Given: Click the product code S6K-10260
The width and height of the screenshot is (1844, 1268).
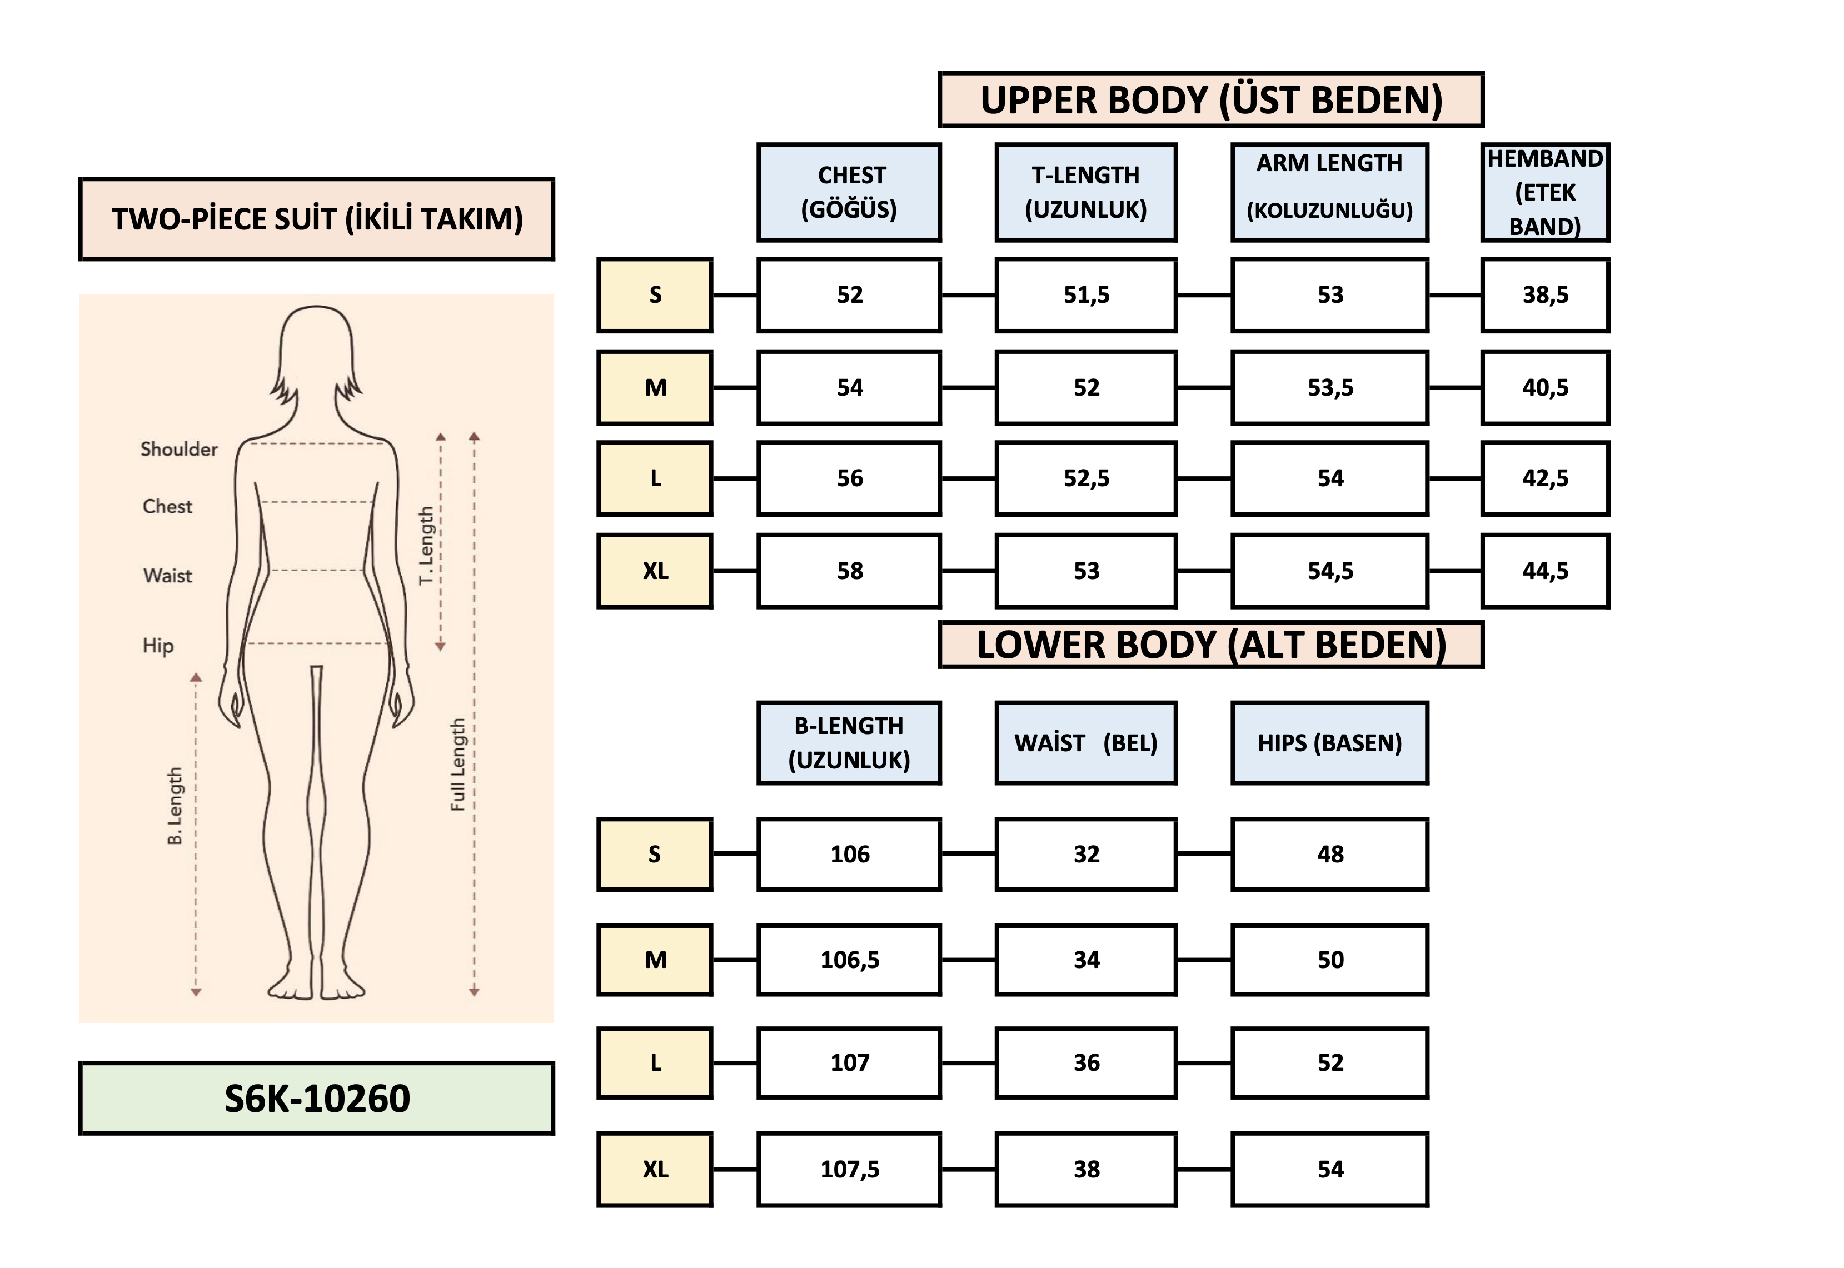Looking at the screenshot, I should (316, 1098).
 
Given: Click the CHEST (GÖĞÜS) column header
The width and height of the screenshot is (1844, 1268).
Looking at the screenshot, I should (849, 192).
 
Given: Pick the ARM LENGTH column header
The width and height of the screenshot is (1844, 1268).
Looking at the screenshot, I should (1329, 192).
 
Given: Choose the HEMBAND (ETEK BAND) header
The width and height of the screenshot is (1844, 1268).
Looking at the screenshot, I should (1544, 192).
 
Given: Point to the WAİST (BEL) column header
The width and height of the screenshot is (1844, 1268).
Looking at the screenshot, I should (1085, 743).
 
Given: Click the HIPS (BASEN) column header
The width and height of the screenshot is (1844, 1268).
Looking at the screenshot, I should (1329, 743).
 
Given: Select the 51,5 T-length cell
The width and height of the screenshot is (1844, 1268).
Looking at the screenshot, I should (1085, 294).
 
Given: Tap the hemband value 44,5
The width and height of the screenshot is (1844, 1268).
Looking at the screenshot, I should (1544, 571).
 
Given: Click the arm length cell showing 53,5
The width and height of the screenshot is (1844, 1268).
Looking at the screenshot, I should (1329, 388).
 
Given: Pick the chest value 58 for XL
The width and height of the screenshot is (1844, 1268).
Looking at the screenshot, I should (849, 571).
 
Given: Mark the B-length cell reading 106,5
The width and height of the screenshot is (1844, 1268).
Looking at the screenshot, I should (849, 960).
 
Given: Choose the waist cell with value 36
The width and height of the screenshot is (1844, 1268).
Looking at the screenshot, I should (1085, 1063).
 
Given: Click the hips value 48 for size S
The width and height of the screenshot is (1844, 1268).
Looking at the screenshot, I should (1329, 854).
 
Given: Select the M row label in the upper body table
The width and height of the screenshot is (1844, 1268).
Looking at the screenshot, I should (655, 388).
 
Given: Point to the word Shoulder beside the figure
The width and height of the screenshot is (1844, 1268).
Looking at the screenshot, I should (179, 449).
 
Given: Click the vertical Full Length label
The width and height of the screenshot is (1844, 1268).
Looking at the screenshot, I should (457, 764).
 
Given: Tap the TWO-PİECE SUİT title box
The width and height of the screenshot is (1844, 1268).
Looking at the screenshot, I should (316, 219).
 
